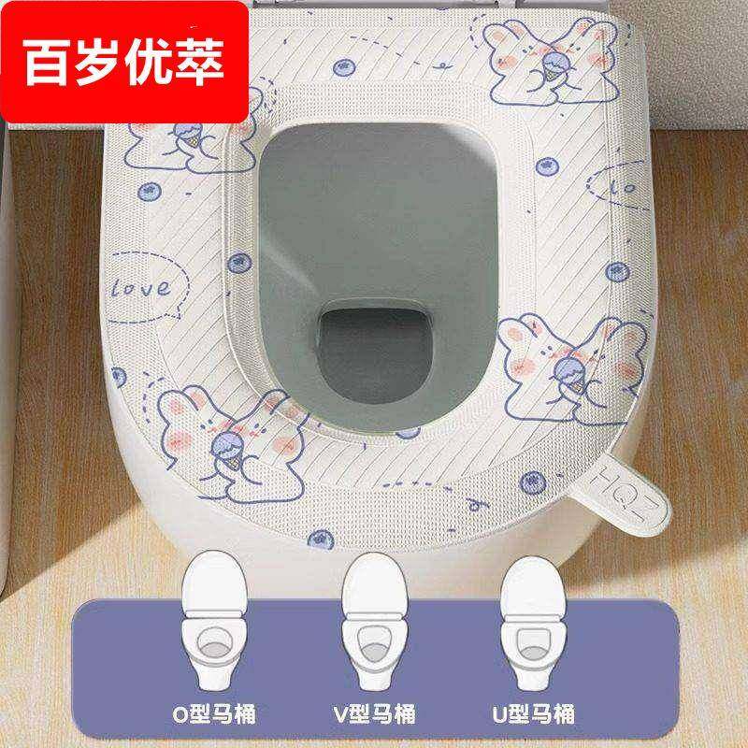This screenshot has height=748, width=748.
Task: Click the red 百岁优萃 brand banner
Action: click(124, 62)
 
